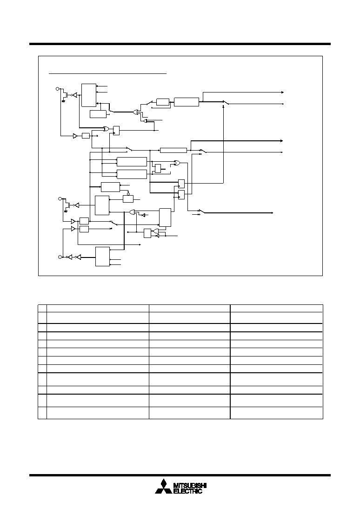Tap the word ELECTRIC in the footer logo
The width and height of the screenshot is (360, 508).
tap(188, 491)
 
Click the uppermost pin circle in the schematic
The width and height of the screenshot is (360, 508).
tap(58, 89)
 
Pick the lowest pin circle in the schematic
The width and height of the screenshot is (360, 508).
tap(60, 257)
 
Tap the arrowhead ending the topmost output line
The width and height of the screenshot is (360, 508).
tap(282, 92)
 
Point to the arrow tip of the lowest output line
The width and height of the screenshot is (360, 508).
tap(272, 213)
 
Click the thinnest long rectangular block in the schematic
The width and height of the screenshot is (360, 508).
tap(173, 150)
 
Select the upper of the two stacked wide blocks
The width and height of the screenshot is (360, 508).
tap(132, 162)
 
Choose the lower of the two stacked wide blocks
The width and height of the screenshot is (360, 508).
tap(132, 174)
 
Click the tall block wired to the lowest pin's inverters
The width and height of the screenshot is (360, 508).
tap(102, 257)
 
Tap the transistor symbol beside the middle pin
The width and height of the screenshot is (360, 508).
tap(67, 205)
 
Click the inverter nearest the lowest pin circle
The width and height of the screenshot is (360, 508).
tap(68, 257)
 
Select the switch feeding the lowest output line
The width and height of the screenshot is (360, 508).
tap(201, 211)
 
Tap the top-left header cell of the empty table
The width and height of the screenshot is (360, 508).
tap(42, 308)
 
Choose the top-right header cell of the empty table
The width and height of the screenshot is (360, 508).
tap(277, 308)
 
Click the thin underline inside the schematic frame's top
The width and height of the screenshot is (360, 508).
tap(108, 73)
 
